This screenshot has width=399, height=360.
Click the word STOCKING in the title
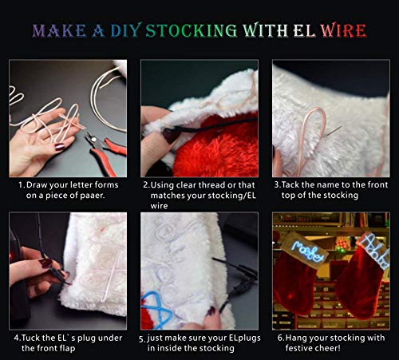pos(192,30)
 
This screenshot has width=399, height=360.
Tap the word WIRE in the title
pos(343,30)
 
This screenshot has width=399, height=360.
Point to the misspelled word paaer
pos(92,196)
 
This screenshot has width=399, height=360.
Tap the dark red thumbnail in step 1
pos(59,147)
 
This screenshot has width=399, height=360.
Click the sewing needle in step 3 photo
pos(333,131)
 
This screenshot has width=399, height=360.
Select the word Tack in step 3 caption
pos(290,184)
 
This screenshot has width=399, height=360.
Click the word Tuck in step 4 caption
pos(30,338)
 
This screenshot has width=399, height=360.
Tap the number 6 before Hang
pos(280,338)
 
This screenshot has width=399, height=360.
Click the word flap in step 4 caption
pos(68,349)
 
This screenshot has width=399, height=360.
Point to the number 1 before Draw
pos(21,185)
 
